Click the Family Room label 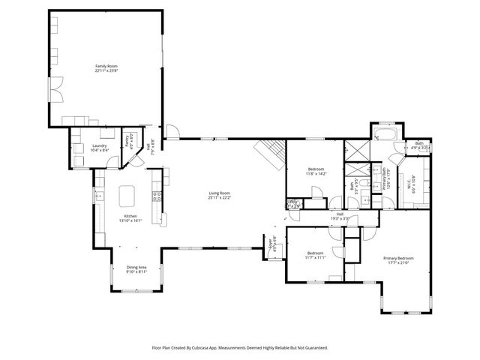coord(106,66)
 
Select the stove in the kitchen coord(157,197)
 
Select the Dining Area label coord(136,268)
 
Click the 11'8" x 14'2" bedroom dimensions coord(316,174)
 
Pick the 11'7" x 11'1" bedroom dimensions coord(315,257)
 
